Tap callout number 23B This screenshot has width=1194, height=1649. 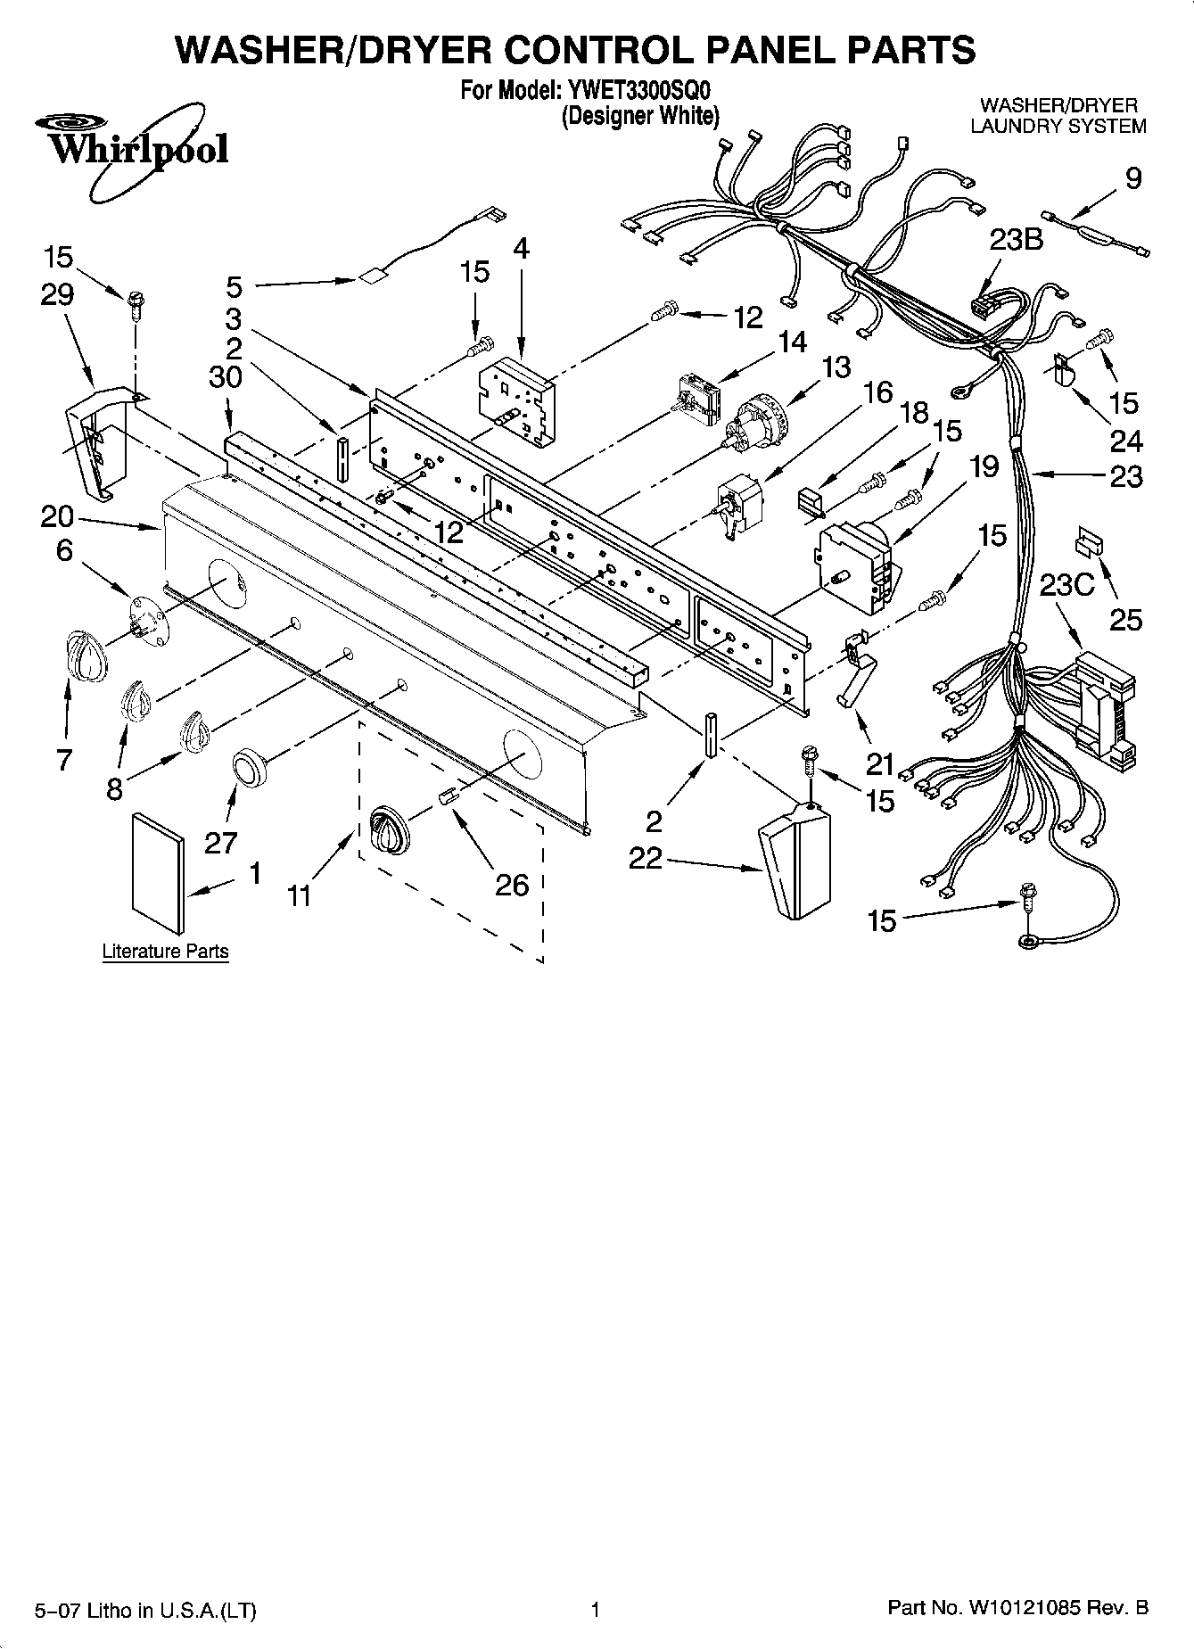pos(1016,241)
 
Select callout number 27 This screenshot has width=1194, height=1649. pos(221,842)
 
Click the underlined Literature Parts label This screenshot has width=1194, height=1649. pos(165,952)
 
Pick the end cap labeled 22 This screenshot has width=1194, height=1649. pos(794,860)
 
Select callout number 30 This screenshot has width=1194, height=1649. pos(225,377)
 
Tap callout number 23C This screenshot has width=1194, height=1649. pos(1066,584)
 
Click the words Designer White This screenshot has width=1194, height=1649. pos(639,117)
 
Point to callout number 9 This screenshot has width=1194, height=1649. pos(1132,179)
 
